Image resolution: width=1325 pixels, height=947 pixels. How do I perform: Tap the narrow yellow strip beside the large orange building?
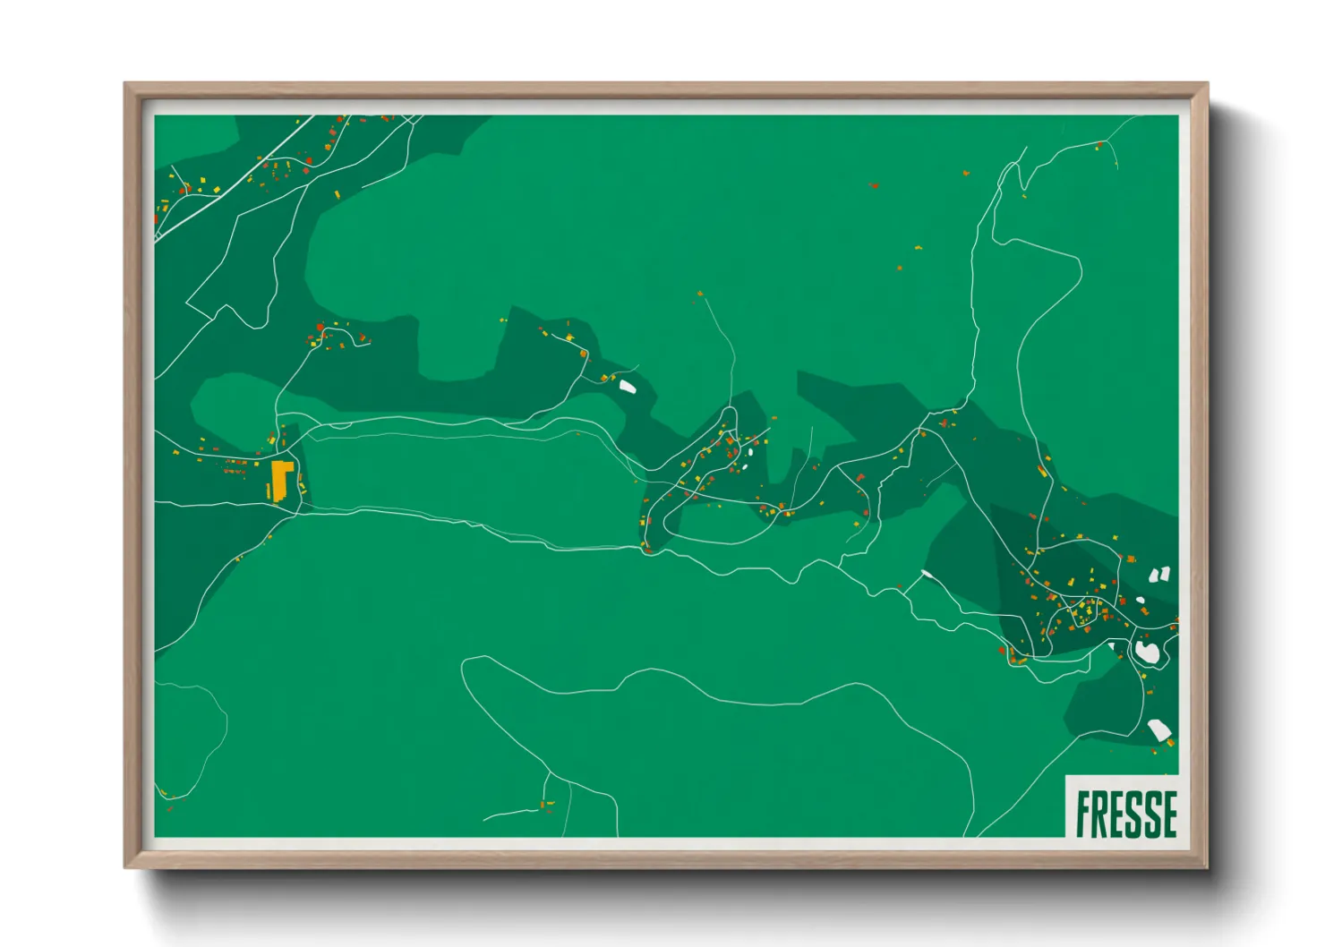(x=269, y=491)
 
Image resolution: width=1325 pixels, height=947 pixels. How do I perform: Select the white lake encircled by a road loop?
(x=1147, y=652)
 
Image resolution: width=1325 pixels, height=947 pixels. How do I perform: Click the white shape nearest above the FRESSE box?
(x=1158, y=730)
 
